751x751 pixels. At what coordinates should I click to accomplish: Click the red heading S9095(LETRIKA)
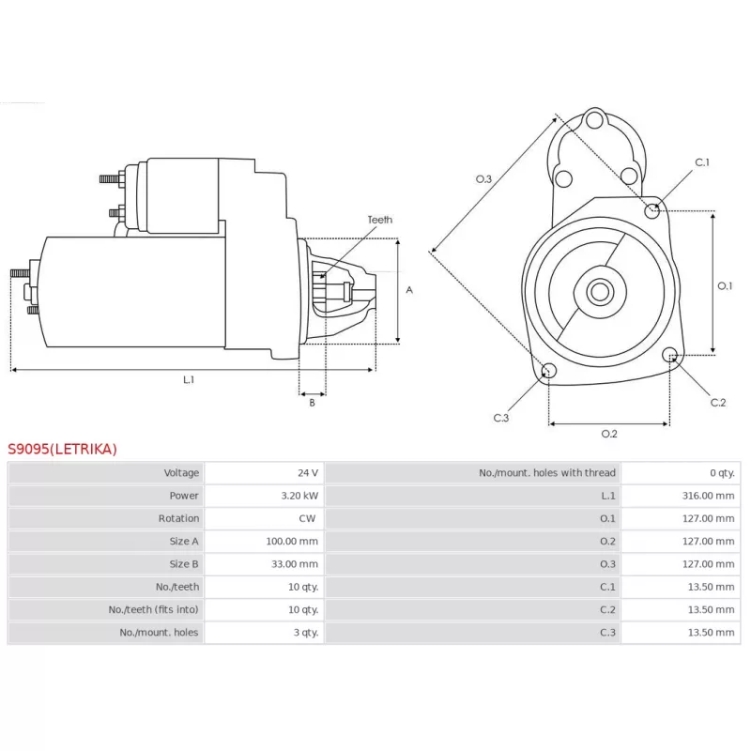[x=62, y=449]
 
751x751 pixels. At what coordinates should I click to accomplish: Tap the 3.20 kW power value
[x=299, y=496]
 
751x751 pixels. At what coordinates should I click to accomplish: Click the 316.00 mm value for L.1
[x=708, y=496]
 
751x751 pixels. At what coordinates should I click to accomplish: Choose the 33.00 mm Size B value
[x=295, y=564]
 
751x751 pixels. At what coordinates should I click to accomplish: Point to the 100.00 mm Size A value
[x=292, y=542]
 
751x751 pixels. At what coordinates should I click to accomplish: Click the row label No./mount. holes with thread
[x=547, y=473]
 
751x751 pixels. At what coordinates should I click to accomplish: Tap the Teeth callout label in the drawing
[x=380, y=220]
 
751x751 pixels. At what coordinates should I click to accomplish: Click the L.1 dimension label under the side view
[x=189, y=380]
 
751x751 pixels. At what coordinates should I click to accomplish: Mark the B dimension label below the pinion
[x=313, y=403]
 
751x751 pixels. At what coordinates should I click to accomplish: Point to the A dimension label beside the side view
[x=409, y=290]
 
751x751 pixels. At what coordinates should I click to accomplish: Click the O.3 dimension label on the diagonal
[x=483, y=179]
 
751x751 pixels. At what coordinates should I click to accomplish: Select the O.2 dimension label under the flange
[x=609, y=434]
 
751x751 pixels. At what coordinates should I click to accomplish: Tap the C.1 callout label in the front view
[x=702, y=162]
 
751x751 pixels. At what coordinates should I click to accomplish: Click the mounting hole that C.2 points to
[x=669, y=355]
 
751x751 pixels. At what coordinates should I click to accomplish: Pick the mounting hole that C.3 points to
[x=549, y=370]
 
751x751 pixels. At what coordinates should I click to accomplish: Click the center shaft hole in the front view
[x=600, y=291]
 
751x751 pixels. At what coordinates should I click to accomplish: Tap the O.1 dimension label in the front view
[x=725, y=286]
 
